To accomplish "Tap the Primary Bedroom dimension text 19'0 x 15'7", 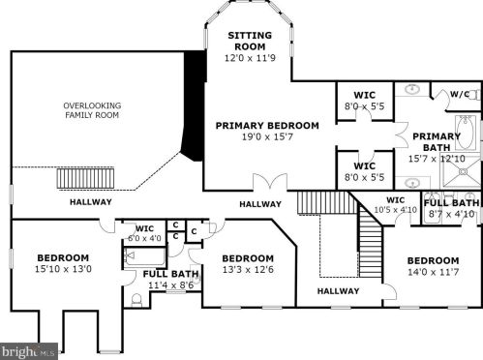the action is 267,136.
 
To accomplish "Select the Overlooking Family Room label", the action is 92,110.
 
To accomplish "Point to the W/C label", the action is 460,94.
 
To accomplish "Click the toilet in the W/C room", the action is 475,95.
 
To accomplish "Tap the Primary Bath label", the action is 437,141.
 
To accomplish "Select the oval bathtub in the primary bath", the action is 466,133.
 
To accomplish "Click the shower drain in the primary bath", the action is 463,172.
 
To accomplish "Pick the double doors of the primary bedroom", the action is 270,181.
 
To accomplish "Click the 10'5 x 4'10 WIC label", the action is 395,205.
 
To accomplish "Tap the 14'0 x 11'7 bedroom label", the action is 433,266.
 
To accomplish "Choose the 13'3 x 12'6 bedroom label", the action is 248,264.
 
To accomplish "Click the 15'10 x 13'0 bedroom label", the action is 63,263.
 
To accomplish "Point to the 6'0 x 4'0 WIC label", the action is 144,233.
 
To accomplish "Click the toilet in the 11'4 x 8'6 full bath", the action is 136,300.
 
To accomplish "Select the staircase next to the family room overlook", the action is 85,178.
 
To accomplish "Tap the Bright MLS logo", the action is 29,351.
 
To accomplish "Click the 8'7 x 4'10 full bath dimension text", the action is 451,214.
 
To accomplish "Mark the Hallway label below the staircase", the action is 338,291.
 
